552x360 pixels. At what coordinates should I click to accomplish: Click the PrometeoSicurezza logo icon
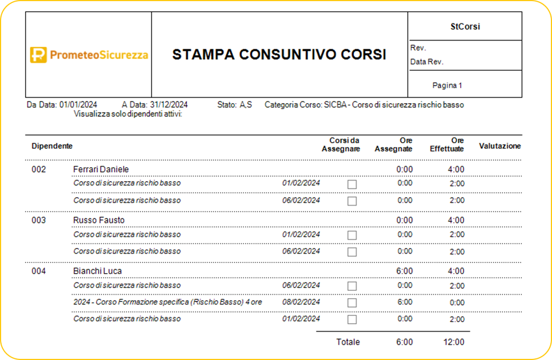tap(38, 55)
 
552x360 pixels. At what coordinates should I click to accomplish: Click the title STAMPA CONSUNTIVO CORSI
tap(279, 55)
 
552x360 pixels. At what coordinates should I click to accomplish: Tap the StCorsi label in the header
tap(465, 26)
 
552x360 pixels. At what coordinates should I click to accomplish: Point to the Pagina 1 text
tap(447, 85)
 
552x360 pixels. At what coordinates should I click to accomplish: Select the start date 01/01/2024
tap(78, 105)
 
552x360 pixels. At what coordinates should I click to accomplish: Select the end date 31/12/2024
tap(169, 105)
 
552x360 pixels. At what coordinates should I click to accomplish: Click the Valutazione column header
tap(500, 146)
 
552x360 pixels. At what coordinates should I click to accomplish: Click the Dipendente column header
tap(52, 146)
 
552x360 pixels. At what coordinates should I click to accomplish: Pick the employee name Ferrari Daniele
tap(101, 169)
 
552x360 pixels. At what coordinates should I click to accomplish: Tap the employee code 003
tap(39, 220)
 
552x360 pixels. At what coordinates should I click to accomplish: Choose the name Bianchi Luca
tap(97, 271)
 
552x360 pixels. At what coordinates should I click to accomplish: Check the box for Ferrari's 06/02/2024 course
tap(352, 201)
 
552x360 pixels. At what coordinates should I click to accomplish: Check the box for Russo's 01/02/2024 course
tap(352, 235)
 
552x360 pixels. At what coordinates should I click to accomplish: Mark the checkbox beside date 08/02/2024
tap(352, 303)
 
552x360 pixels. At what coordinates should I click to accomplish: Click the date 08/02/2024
tap(301, 302)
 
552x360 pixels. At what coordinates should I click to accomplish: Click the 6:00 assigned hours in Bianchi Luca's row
tap(404, 271)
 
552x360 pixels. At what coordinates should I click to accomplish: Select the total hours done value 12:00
tap(454, 342)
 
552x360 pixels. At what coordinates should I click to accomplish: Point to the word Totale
tap(348, 342)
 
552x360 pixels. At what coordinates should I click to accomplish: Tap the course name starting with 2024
tap(168, 302)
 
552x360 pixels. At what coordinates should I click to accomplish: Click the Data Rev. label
tap(427, 62)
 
